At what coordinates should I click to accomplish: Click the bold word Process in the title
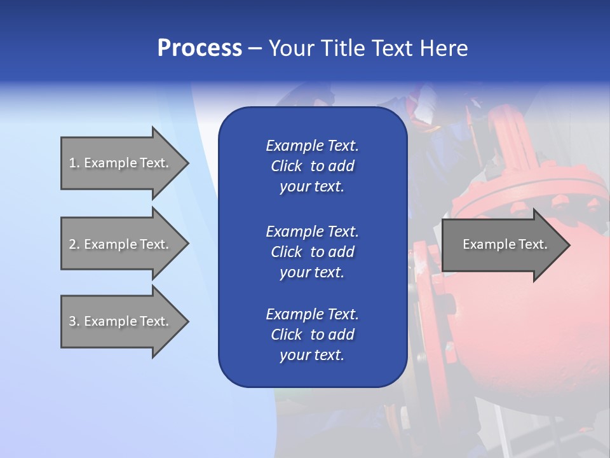click(x=200, y=48)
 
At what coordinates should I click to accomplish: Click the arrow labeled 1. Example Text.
click(x=119, y=163)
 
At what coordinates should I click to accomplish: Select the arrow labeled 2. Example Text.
click(x=119, y=244)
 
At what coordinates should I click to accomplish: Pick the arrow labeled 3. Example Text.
click(x=119, y=321)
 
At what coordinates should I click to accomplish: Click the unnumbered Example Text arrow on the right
click(x=505, y=244)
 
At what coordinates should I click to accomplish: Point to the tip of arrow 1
click(x=187, y=163)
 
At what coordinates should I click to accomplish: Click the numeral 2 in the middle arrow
click(x=72, y=244)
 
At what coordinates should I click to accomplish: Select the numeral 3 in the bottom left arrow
click(x=72, y=321)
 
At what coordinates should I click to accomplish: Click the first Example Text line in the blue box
click(x=312, y=146)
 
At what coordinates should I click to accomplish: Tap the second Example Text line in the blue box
click(x=312, y=231)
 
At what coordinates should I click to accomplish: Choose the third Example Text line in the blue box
click(x=312, y=314)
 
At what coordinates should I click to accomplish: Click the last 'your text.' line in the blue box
click(x=312, y=355)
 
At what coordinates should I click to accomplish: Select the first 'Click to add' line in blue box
click(x=312, y=166)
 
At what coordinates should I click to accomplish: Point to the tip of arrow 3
click(x=187, y=321)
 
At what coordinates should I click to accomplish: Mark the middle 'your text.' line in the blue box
click(x=312, y=272)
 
